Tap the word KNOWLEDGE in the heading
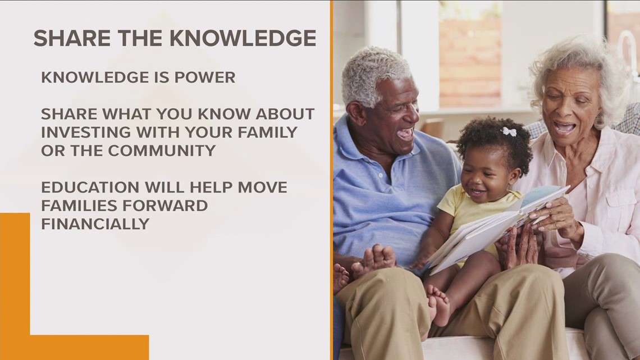pos(243,38)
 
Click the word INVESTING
pos(86,132)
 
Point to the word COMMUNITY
pos(162,151)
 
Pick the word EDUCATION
pos(90,188)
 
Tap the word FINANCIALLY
pos(95,224)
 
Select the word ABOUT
pos(285,114)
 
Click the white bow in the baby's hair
pos(509,131)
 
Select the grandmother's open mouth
pos(564,127)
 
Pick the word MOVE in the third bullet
pos(262,188)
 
